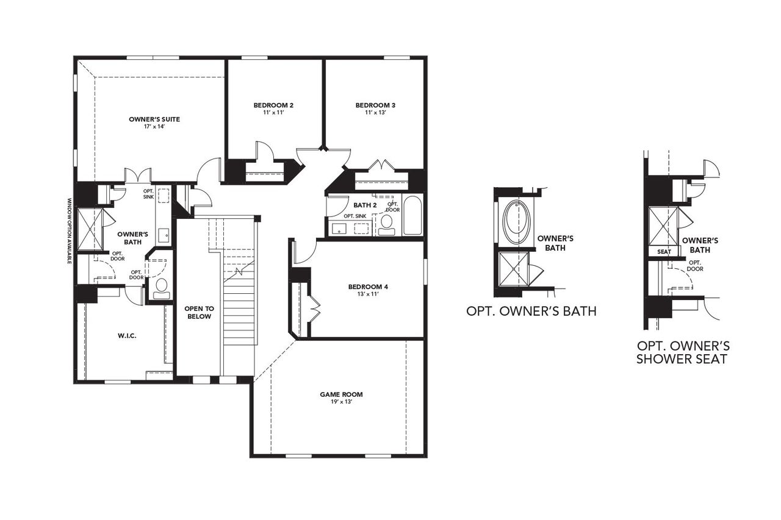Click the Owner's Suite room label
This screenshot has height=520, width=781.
(154, 119)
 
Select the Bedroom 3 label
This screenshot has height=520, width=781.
(372, 105)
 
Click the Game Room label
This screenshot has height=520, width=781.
(341, 394)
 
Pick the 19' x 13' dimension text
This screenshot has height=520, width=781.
(341, 402)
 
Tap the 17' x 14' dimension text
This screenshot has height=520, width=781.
(154, 127)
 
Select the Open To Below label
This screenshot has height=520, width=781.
(198, 313)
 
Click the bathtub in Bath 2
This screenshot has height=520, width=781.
(412, 215)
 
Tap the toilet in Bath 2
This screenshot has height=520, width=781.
(387, 224)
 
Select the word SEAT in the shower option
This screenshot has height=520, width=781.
(663, 252)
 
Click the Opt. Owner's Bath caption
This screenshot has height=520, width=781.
(531, 312)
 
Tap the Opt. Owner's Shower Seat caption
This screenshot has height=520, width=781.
(682, 352)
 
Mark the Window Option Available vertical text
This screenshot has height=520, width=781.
(70, 231)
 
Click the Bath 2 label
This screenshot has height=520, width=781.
(365, 204)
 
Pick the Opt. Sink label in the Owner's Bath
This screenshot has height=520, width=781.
(148, 194)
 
